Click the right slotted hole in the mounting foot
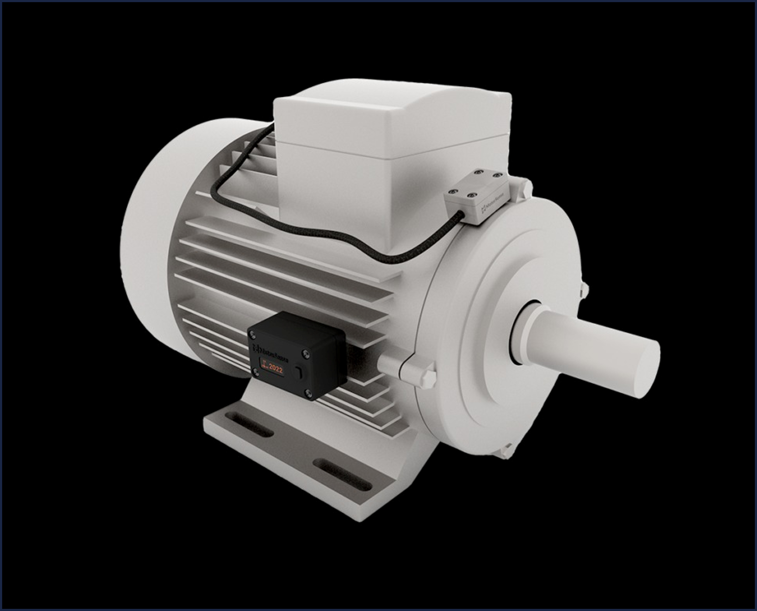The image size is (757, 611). coord(341,475)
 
